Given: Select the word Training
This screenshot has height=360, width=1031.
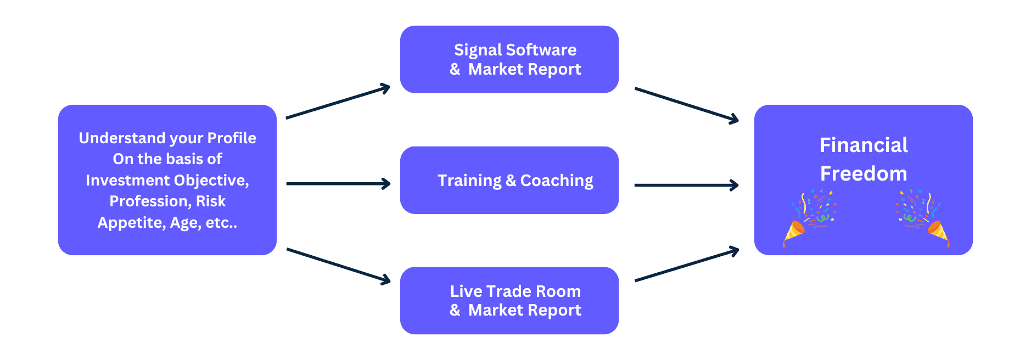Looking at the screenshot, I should [x=469, y=181].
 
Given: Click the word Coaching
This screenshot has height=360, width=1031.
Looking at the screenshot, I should [x=557, y=181].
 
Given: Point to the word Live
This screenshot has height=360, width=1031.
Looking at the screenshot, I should [x=466, y=291].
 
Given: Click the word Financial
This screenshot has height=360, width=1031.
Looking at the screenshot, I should [x=864, y=145].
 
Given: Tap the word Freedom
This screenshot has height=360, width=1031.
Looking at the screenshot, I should [x=864, y=174].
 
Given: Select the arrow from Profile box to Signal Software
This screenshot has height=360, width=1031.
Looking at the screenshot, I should [x=338, y=103].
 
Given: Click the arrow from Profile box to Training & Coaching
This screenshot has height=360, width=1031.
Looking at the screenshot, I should [x=338, y=184].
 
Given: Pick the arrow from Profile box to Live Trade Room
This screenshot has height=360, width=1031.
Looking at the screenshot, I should [x=338, y=266].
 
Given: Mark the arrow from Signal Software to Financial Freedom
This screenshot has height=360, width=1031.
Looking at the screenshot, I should [x=686, y=104].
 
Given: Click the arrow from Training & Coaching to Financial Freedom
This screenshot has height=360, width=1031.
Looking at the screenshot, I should [x=686, y=185].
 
